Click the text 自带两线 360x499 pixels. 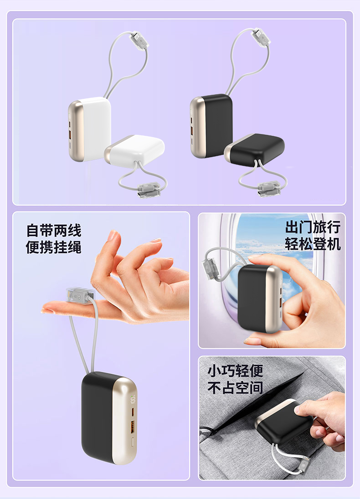54,231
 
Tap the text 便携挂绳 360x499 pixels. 54,247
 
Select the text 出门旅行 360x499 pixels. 313,227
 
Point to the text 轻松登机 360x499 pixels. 313,244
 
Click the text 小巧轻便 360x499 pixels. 235,370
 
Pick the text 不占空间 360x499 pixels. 235,388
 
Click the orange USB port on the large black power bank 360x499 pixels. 133,426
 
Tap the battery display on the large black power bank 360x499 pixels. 133,398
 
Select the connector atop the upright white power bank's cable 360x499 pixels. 139,40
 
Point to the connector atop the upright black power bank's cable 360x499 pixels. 262,37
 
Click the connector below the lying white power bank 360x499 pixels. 148,190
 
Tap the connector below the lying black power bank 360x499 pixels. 269,189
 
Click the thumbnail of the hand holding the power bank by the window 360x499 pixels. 272,281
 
